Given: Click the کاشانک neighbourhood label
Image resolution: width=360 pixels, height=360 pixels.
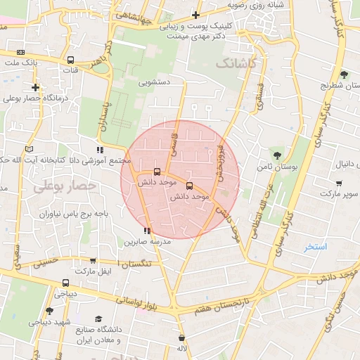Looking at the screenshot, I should (237, 64).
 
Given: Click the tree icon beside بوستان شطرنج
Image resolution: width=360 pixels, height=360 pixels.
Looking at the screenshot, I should (343, 75).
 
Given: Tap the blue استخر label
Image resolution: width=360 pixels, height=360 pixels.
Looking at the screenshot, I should (316, 247).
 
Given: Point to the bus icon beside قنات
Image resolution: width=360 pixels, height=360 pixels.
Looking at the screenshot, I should (70, 60).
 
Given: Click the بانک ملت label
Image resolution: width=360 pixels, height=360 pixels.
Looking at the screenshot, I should (21, 63).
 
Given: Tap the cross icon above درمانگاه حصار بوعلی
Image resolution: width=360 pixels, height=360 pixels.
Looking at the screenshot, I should (35, 88).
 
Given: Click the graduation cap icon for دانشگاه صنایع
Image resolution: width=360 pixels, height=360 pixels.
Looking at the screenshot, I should (98, 319).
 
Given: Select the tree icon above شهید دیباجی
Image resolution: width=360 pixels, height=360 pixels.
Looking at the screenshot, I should (49, 311).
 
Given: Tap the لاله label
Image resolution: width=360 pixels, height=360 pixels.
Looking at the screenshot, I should (181, 348).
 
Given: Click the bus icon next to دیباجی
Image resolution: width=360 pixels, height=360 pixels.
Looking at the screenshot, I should (65, 283).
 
